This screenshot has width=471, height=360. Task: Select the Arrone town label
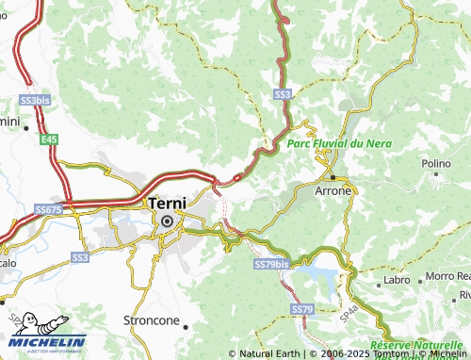(333, 190)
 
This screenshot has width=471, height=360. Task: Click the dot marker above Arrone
(333, 175)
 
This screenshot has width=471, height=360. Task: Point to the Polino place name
(436, 164)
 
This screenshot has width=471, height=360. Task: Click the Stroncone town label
(151, 320)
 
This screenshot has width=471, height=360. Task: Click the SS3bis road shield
(34, 100)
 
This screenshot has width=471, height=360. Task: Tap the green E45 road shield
(48, 139)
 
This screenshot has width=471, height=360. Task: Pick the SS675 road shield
(48, 209)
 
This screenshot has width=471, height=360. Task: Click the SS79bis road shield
(271, 266)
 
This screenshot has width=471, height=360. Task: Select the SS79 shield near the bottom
(301, 309)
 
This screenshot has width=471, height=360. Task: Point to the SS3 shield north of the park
(283, 95)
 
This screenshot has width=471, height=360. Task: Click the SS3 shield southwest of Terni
(80, 256)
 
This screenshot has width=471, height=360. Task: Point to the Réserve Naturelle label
(419, 347)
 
